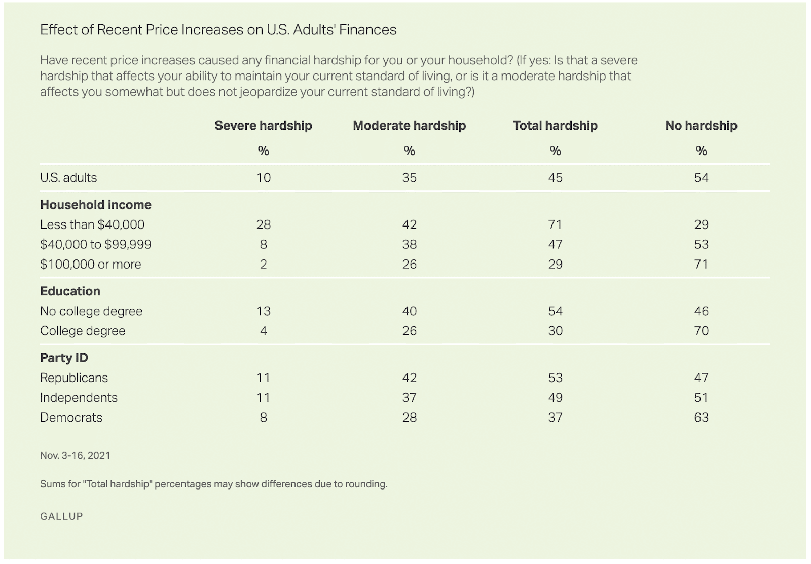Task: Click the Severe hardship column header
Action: click(263, 126)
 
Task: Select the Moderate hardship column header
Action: click(409, 126)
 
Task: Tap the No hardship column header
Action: click(701, 126)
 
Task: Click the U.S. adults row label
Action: click(68, 178)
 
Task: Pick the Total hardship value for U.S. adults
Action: click(555, 178)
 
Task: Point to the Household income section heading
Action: click(96, 205)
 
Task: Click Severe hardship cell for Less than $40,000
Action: click(264, 224)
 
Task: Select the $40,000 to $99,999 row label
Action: click(96, 244)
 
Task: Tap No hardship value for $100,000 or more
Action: click(701, 264)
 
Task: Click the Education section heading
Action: click(70, 291)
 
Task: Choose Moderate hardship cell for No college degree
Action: click(409, 311)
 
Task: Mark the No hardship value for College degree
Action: click(701, 331)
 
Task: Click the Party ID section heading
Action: click(64, 358)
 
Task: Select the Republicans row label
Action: click(74, 378)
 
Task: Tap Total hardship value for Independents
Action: click(555, 397)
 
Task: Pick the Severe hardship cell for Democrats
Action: click(264, 417)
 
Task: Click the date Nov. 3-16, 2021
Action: click(75, 455)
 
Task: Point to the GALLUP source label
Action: click(61, 516)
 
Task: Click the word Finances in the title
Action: click(368, 30)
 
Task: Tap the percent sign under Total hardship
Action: click(555, 151)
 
